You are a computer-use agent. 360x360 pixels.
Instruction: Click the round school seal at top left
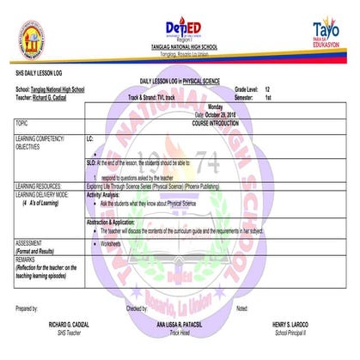pyautogui.click(x=33, y=38)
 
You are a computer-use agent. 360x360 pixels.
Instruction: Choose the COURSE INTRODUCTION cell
pyautogui.click(x=223, y=124)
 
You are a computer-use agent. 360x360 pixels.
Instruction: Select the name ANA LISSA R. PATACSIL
pyautogui.click(x=179, y=323)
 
